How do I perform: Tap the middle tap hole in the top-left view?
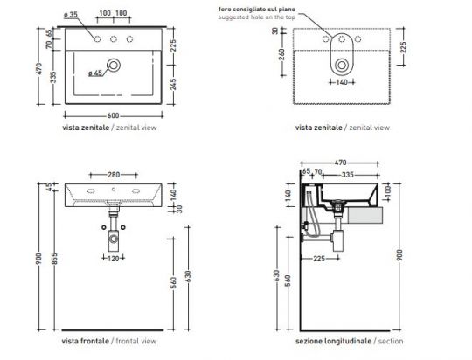point(114,40)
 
